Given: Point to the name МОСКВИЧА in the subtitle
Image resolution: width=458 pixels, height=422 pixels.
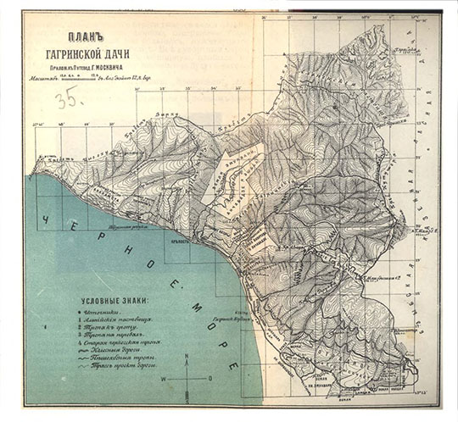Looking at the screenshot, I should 120,74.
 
